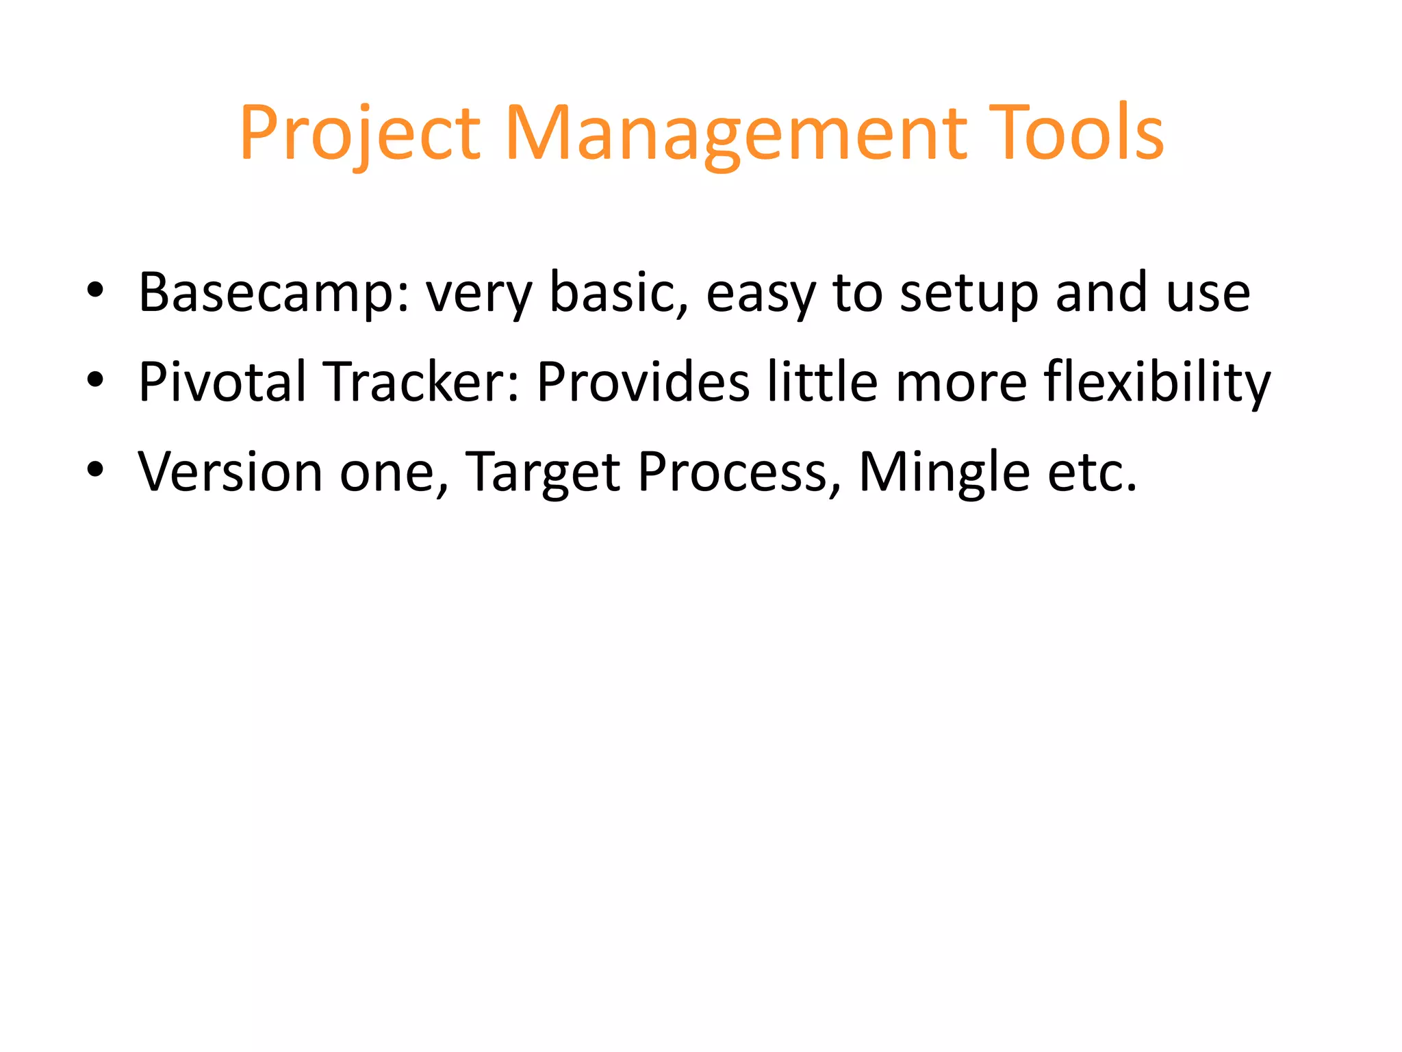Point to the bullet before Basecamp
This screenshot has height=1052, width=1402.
pyautogui.click(x=95, y=290)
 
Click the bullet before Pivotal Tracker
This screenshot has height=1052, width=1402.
pyautogui.click(x=95, y=379)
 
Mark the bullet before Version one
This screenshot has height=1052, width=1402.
pyautogui.click(x=95, y=469)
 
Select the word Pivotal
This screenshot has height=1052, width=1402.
pyautogui.click(x=222, y=381)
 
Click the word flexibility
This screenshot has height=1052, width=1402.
pyautogui.click(x=1157, y=381)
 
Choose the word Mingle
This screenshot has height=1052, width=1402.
pyautogui.click(x=944, y=473)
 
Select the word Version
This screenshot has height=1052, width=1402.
pyautogui.click(x=230, y=473)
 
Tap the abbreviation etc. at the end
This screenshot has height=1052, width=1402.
pyautogui.click(x=1092, y=473)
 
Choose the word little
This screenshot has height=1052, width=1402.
pyautogui.click(x=822, y=381)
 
